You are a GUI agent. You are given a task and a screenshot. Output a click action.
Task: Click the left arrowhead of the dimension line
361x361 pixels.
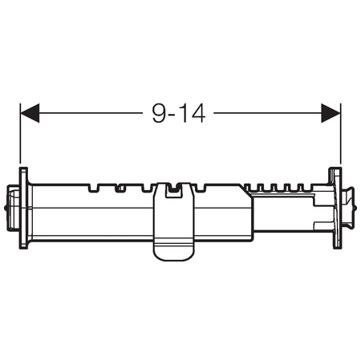point(30,113)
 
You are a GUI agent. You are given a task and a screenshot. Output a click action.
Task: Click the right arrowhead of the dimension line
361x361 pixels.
point(331,113)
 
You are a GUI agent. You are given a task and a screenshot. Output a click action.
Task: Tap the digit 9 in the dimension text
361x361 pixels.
point(159,113)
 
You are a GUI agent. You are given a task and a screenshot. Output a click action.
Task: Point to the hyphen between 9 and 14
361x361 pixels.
point(172,116)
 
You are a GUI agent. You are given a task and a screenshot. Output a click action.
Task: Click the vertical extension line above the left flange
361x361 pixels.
point(20,133)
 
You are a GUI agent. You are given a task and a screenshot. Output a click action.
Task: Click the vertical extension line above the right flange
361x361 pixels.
point(340,133)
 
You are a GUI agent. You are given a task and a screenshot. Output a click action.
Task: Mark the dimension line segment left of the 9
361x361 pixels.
point(91,113)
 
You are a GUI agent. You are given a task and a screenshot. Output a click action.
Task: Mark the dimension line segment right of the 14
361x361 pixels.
point(268,113)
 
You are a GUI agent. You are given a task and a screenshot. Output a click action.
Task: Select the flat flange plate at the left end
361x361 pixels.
point(23,208)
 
